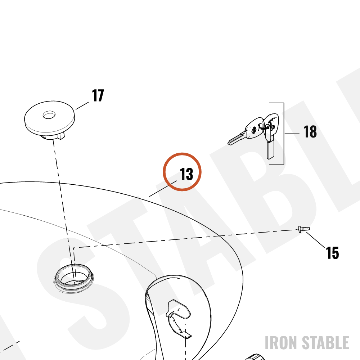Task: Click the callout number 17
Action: pos(98,95)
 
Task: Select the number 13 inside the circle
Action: pos(186,174)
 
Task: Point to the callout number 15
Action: pos(332,253)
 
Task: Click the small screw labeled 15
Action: pos(303,229)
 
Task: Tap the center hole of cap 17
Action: pos(49,115)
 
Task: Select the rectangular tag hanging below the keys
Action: pos(270,149)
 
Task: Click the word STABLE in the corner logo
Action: pos(325,343)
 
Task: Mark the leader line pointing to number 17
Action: pos(82,105)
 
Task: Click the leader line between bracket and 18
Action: pos(292,134)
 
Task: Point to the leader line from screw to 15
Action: pos(315,240)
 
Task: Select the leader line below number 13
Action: pos(163,189)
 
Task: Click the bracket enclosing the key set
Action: pos(284,134)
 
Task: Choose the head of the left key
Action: pos(255,128)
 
